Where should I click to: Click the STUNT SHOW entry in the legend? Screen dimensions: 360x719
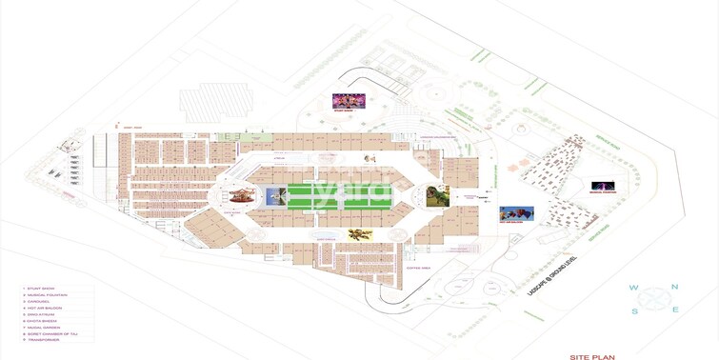(x=40, y=288)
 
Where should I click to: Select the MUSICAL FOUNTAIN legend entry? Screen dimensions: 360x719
(x=48, y=295)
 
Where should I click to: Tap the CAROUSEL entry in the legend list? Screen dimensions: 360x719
(x=39, y=302)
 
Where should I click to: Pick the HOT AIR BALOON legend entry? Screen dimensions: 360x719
(x=45, y=309)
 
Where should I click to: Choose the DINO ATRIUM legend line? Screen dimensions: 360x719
(x=41, y=315)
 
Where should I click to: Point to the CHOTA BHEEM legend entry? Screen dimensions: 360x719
(x=42, y=322)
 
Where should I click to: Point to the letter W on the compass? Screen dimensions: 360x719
(x=632, y=288)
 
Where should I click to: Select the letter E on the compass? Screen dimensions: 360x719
(x=675, y=310)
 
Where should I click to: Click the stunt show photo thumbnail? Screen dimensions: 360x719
(x=349, y=101)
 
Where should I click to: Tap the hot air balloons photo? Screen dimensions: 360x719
(x=516, y=214)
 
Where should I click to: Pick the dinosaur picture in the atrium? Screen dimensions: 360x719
(x=437, y=197)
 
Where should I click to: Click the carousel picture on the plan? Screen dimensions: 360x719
(x=240, y=197)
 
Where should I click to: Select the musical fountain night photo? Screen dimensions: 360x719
(x=603, y=186)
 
